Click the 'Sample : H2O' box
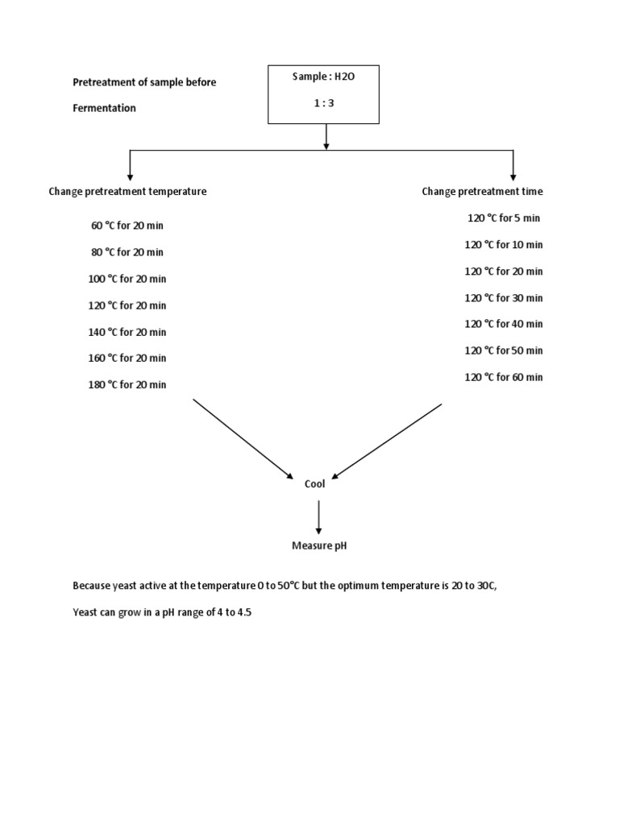pos(323,94)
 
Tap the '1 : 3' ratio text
pos(323,103)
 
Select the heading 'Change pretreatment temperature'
pos(127,192)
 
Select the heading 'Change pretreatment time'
pos(482,192)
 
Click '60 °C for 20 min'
pos(127,226)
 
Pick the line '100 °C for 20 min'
pos(127,279)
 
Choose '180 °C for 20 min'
pos(127,384)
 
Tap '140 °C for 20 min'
pos(127,332)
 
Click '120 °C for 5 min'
pos(504,218)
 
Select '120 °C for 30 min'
pos(504,298)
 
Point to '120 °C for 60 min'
pos(504,377)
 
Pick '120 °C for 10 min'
pos(504,245)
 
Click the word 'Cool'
pos(314,484)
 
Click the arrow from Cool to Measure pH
pos(319,516)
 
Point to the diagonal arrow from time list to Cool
pos(387,441)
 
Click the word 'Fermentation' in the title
pos(105,108)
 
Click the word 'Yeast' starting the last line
pos(85,612)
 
